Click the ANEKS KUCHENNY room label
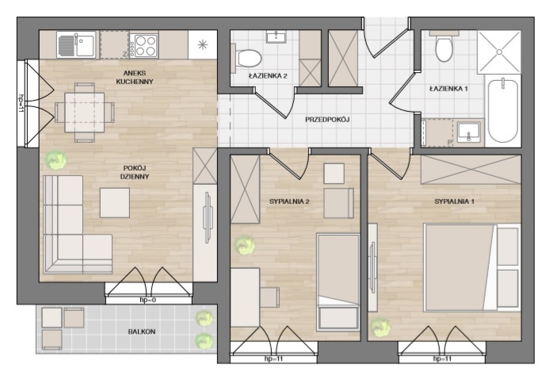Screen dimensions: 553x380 click(135, 77)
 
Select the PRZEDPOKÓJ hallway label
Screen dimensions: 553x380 click(327, 120)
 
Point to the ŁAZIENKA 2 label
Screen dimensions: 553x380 click(267, 76)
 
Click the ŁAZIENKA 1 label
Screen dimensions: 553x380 click(448, 89)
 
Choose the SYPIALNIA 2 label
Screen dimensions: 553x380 click(289, 202)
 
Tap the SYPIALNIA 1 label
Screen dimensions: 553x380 click(454, 202)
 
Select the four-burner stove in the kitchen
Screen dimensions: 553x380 click(143, 45)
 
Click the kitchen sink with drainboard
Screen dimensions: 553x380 click(76, 45)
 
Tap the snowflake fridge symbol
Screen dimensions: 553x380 click(203, 45)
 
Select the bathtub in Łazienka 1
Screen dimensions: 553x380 click(503, 111)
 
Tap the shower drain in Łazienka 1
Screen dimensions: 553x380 click(499, 52)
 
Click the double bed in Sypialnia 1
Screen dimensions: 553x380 click(472, 267)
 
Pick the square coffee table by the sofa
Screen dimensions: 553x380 click(115, 203)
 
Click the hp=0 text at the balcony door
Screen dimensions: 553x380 click(148, 300)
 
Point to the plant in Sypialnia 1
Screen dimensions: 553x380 click(380, 328)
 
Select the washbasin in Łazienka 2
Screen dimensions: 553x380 click(276, 36)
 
